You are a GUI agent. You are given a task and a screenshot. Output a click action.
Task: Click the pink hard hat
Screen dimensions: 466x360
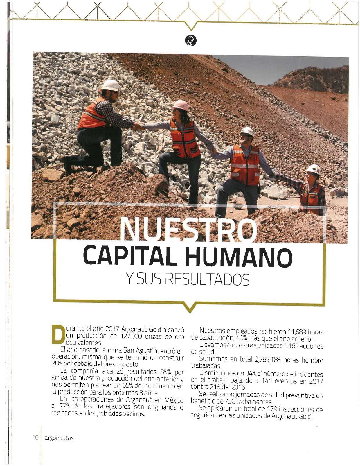tap(181, 105)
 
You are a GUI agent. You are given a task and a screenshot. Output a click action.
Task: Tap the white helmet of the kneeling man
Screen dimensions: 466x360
tap(111, 85)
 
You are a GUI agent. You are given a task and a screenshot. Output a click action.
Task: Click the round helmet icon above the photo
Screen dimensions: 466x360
tap(190, 40)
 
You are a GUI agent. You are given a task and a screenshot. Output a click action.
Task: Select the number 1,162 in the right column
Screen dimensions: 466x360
tap(291, 346)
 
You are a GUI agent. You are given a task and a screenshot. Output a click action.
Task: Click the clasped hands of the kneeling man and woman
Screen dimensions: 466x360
tap(138, 126)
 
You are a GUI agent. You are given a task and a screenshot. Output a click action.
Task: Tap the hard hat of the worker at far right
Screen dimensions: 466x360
tap(314, 169)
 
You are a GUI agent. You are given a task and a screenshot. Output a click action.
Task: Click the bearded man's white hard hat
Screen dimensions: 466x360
tap(247, 131)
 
